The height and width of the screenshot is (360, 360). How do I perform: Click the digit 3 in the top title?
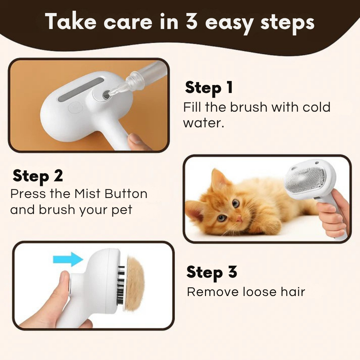pos(191,22)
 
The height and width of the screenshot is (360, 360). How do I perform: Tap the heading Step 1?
pos(209,87)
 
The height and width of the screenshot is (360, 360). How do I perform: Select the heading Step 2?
pos(38,176)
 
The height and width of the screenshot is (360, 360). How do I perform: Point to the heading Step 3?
pos(212,272)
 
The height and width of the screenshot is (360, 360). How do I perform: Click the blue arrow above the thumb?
pos(68,259)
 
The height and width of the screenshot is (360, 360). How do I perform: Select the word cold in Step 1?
pos(316,107)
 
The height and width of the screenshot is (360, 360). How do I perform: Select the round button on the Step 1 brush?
pos(73,108)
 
